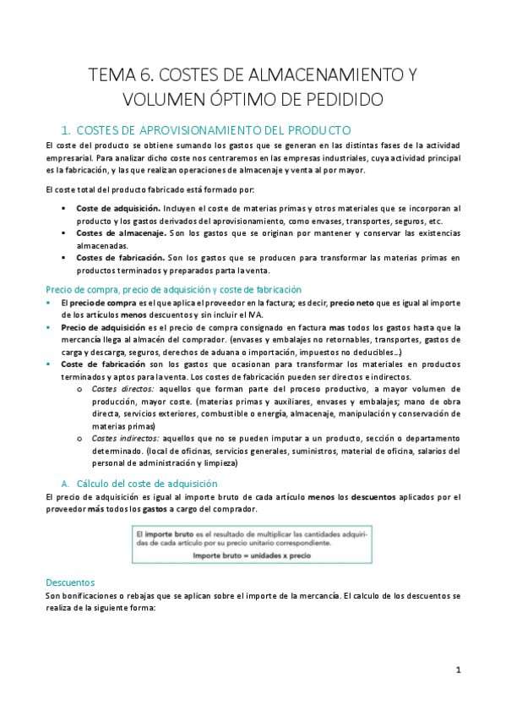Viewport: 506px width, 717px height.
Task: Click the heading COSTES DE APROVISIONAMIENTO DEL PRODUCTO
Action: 213,131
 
